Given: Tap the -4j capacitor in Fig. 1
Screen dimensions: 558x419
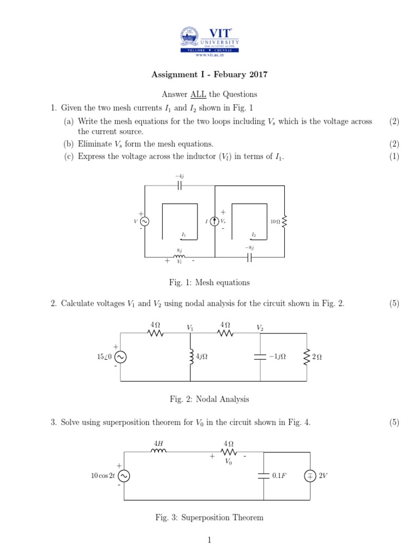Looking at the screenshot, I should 179,186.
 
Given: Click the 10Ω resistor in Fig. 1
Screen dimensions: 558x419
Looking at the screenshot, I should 284,222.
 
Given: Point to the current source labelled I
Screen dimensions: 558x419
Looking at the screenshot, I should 215,221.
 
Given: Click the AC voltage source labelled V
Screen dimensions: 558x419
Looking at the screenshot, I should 145,221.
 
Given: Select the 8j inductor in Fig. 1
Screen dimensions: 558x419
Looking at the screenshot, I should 179,257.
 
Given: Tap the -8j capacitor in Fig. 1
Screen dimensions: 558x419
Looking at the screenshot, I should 249,257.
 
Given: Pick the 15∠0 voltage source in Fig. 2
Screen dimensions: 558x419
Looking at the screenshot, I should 121,357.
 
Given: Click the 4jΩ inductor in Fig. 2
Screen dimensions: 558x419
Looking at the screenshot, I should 190,357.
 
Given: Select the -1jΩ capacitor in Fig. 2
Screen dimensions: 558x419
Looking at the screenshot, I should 261,357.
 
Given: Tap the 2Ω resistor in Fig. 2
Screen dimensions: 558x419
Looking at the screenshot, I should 307,357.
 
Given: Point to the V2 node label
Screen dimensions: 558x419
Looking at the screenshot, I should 260,328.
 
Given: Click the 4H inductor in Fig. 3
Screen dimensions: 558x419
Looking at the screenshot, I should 158,451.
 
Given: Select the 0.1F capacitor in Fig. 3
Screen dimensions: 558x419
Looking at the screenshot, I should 264,476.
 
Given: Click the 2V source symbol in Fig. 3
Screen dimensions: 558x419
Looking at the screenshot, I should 310,476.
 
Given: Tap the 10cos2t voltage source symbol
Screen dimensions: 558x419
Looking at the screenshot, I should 124,476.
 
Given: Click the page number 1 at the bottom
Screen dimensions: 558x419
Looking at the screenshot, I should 209,540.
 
